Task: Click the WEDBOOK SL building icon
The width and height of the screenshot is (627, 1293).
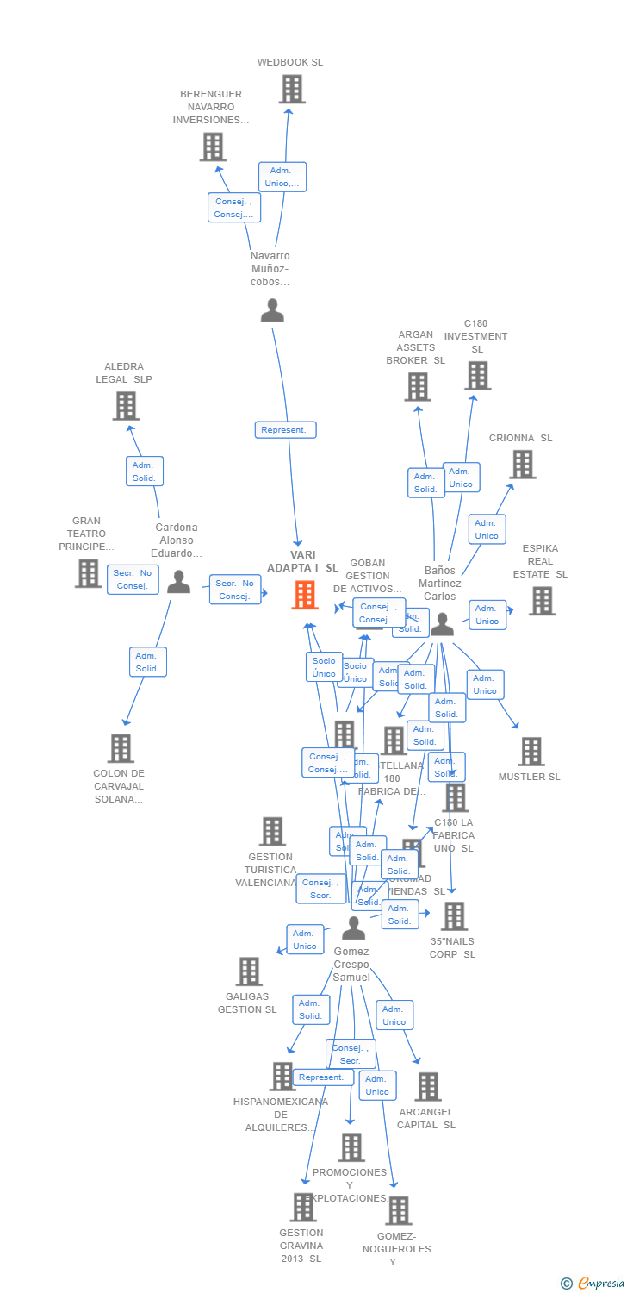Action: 292,89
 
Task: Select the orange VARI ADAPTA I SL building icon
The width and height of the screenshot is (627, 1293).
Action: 305,595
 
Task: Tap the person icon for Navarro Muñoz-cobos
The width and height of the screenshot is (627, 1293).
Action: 272,310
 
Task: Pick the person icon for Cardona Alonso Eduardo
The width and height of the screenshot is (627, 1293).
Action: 178,583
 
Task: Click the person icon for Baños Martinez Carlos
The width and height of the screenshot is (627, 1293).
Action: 442,624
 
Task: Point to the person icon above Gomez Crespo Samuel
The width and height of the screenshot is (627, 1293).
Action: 354,928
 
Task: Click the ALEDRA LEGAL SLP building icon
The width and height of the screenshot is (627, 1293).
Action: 126,405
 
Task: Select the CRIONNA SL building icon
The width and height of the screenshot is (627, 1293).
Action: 522,464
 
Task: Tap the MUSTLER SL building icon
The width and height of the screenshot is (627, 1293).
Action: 531,751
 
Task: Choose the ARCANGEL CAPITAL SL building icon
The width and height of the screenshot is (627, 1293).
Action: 428,1086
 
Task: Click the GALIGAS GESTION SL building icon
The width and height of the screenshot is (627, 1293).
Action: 249,971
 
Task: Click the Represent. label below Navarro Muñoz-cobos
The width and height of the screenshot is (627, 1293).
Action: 286,429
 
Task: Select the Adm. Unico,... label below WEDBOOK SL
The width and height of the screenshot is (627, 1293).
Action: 282,177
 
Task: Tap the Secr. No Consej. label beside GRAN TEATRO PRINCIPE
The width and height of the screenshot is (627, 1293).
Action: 133,579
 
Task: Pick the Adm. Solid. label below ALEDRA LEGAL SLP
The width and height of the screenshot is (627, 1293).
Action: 144,471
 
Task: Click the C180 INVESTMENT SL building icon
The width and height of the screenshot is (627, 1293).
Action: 477,375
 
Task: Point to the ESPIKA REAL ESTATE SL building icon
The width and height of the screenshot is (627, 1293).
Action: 542,601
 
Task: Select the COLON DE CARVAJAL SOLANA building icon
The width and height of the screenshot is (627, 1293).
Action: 121,747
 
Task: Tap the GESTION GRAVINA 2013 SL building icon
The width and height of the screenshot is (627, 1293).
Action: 302,1207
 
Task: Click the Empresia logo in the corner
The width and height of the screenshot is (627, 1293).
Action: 593,1284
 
